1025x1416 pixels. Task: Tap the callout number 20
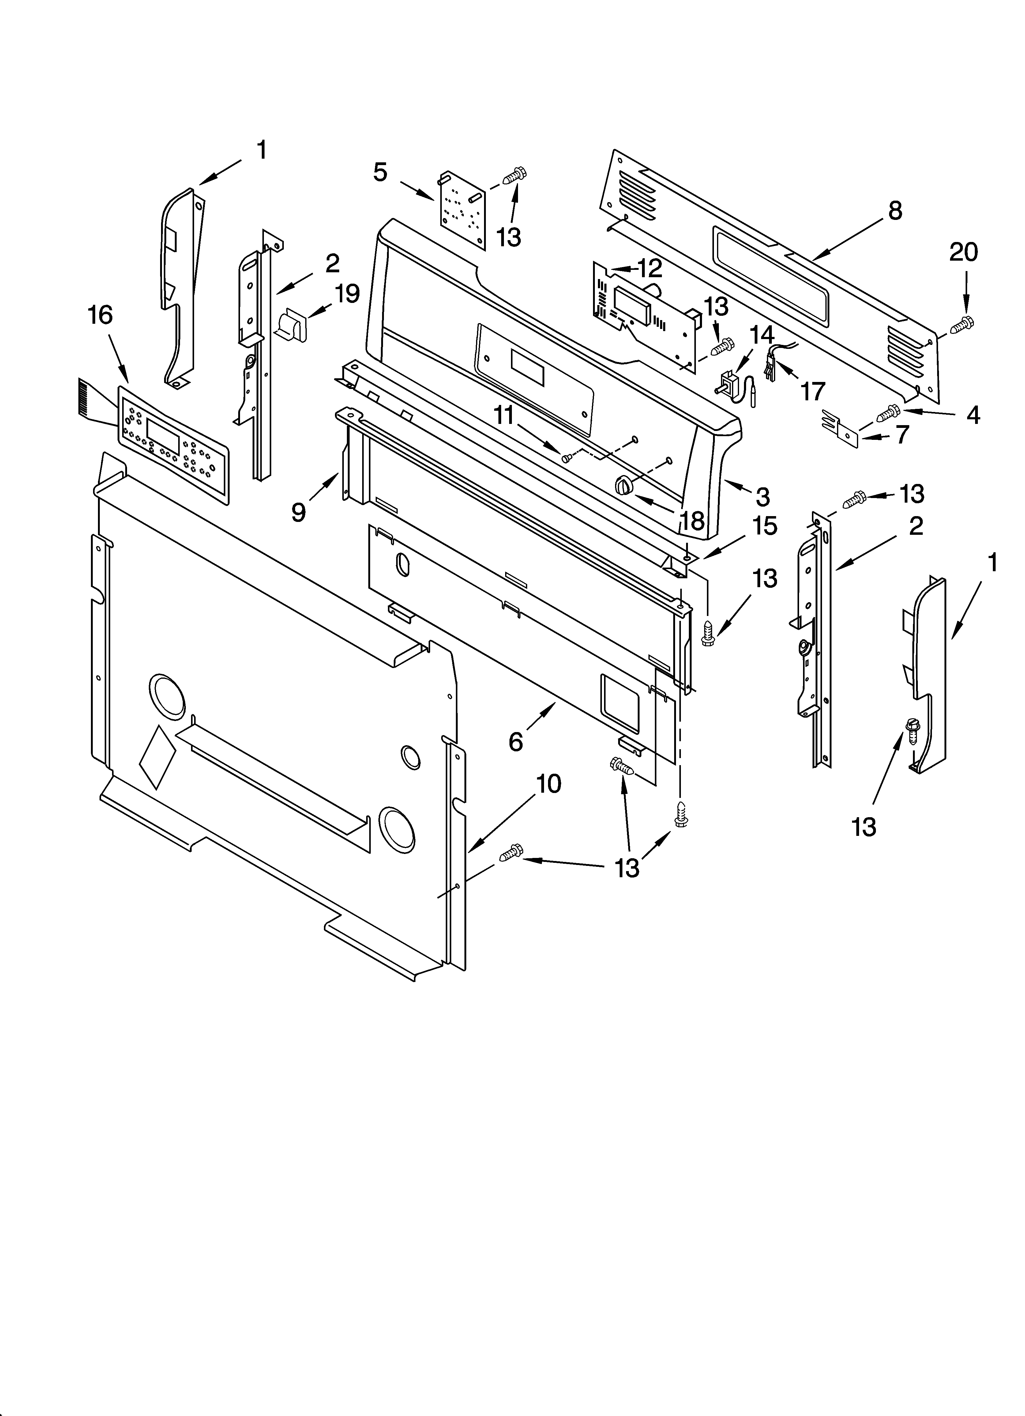coord(963,252)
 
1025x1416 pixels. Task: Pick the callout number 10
coord(549,784)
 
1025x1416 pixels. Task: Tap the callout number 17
coord(813,391)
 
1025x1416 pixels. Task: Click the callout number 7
coord(902,435)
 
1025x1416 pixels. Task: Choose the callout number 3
coord(762,496)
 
